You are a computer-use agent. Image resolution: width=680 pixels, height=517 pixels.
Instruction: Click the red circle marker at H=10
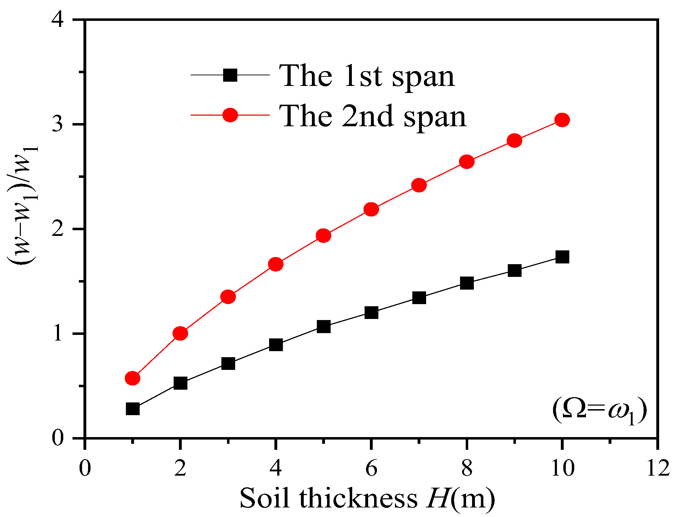562,120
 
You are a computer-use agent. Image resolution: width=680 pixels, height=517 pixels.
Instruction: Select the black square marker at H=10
562,257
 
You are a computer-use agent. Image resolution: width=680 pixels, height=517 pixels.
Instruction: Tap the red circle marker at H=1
133,378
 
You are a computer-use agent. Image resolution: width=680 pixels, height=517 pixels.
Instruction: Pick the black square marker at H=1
133,409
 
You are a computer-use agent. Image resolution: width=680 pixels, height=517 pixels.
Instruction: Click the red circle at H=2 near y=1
180,333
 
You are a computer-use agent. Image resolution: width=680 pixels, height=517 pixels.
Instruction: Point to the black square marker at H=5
324,326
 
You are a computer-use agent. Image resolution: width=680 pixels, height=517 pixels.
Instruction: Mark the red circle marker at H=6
371,209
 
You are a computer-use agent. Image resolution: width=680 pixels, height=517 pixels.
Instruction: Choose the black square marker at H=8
467,283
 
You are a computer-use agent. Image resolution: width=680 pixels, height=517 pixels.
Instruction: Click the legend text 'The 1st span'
366,76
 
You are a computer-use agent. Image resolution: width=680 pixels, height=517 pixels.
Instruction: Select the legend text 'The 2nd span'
372,116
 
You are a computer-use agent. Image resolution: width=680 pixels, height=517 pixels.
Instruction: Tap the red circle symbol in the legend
230,115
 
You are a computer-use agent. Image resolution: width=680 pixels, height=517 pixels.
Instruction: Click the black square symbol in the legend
230,75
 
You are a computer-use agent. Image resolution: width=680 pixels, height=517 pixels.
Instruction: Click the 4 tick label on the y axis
58,20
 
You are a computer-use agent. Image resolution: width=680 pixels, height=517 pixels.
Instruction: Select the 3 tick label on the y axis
58,124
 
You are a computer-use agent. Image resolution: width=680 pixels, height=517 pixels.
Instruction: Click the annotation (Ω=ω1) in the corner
599,411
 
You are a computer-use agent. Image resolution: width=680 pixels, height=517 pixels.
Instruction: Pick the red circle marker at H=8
467,162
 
